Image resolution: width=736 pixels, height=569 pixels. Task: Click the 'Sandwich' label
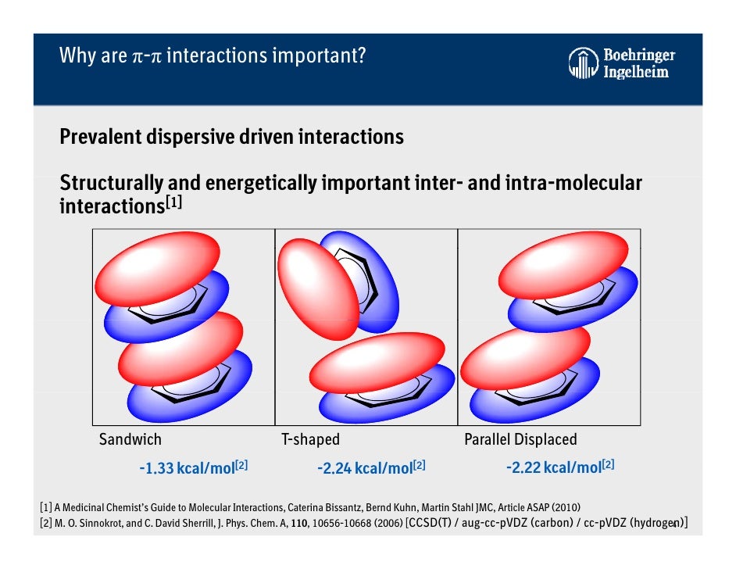[x=130, y=439]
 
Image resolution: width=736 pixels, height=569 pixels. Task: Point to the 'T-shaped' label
[x=310, y=439]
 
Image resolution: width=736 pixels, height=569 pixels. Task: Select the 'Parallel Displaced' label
[x=520, y=439]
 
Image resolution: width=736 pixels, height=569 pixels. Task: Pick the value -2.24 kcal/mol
[x=364, y=468]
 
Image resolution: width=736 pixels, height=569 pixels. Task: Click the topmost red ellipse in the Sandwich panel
[x=159, y=265]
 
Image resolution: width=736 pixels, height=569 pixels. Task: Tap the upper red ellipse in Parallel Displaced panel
[x=563, y=264]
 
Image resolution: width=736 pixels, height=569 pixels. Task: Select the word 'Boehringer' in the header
[x=639, y=56]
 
